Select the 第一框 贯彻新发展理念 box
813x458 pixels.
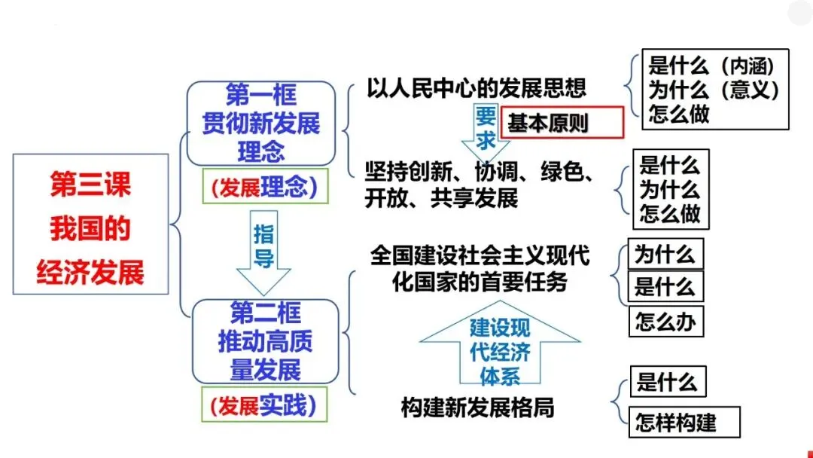point(261,123)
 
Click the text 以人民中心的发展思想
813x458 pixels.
point(477,89)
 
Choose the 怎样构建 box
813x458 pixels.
point(684,421)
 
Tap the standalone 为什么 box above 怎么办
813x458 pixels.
point(665,254)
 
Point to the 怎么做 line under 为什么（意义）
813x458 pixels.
point(679,115)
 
